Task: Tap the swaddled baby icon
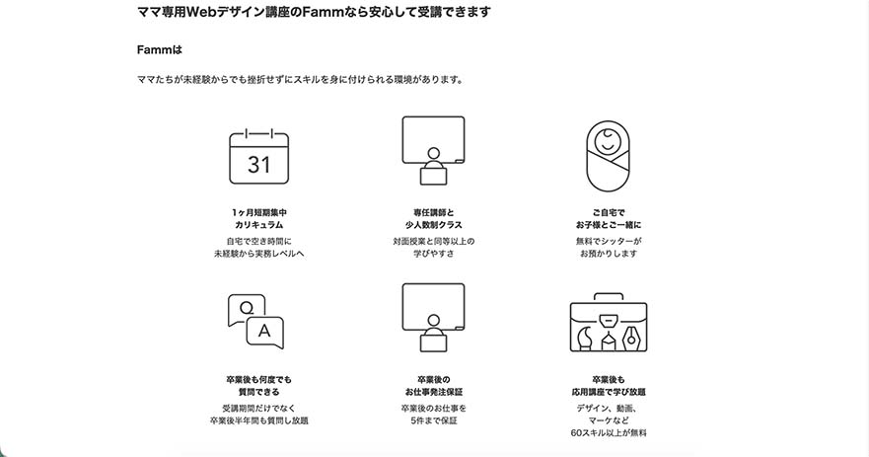tap(608, 156)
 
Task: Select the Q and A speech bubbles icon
tap(255, 321)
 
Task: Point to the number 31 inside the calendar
tap(258, 165)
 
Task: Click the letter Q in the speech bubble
tap(246, 308)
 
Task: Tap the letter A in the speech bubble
tap(264, 331)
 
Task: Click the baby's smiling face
tap(607, 141)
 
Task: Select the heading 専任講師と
tap(433, 212)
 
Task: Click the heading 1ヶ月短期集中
tap(258, 212)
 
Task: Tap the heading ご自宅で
tap(608, 212)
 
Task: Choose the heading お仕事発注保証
tap(433, 392)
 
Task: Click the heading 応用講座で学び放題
tap(608, 392)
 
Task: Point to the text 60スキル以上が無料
tap(608, 432)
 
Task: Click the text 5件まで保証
tap(433, 420)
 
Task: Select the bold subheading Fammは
tap(160, 50)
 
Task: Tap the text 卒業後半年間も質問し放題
tap(258, 420)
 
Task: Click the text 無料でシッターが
tap(608, 241)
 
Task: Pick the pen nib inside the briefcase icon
tap(631, 338)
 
